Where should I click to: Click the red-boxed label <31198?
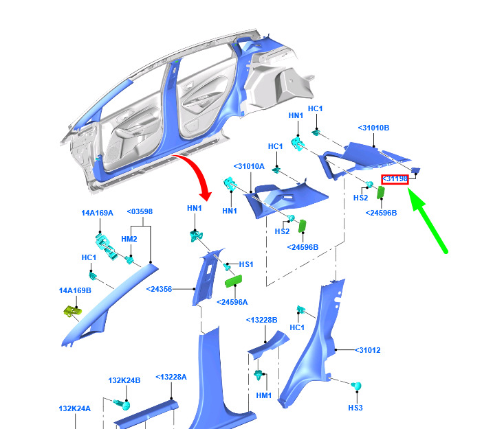395,179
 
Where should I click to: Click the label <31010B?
373,128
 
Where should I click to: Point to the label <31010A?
249,167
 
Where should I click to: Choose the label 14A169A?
97,213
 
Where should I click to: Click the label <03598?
140,211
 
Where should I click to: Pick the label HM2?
129,239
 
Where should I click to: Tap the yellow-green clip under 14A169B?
73,312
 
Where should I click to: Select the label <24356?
159,290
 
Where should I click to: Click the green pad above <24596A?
234,281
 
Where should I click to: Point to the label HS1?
246,264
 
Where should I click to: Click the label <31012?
368,350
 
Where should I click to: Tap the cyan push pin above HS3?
357,386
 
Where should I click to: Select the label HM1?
264,395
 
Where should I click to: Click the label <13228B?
261,321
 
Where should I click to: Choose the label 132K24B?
124,380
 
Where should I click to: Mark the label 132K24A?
75,408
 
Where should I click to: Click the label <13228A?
171,377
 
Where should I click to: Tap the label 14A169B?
75,290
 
